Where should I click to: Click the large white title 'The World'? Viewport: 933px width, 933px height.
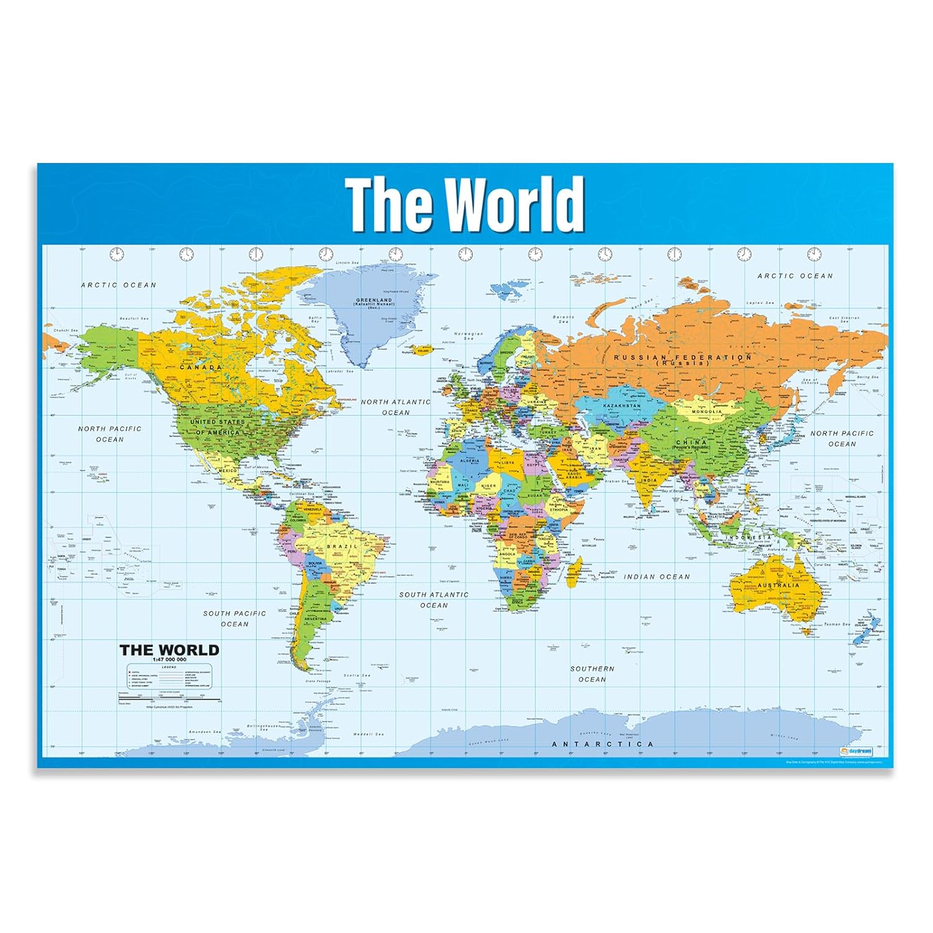pos(465,204)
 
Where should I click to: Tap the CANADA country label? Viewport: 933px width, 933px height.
pos(201,368)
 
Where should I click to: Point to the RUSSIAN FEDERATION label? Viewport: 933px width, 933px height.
pos(683,359)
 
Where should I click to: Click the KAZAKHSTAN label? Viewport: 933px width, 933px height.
pos(621,406)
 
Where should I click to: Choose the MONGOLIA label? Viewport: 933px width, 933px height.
pos(707,412)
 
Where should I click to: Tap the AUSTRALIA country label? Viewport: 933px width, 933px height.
pos(778,585)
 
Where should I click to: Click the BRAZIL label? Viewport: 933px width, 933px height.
pos(342,546)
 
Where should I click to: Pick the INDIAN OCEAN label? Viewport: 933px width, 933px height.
pos(657,577)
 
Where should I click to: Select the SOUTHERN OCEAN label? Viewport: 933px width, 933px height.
pos(592,674)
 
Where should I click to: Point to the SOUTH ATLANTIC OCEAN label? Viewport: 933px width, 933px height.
pos(434,600)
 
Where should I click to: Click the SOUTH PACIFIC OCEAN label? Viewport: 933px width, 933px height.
pos(234,618)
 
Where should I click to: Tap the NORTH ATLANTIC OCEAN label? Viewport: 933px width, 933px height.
pos(396,407)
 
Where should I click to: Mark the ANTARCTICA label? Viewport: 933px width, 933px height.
pos(603,744)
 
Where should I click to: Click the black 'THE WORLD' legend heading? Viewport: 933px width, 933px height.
pos(169,651)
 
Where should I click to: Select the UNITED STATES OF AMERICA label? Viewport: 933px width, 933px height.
pos(217,427)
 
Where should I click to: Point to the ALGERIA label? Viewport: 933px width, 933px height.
pos(469,461)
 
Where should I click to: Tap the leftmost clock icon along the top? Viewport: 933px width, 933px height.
pos(117,254)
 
